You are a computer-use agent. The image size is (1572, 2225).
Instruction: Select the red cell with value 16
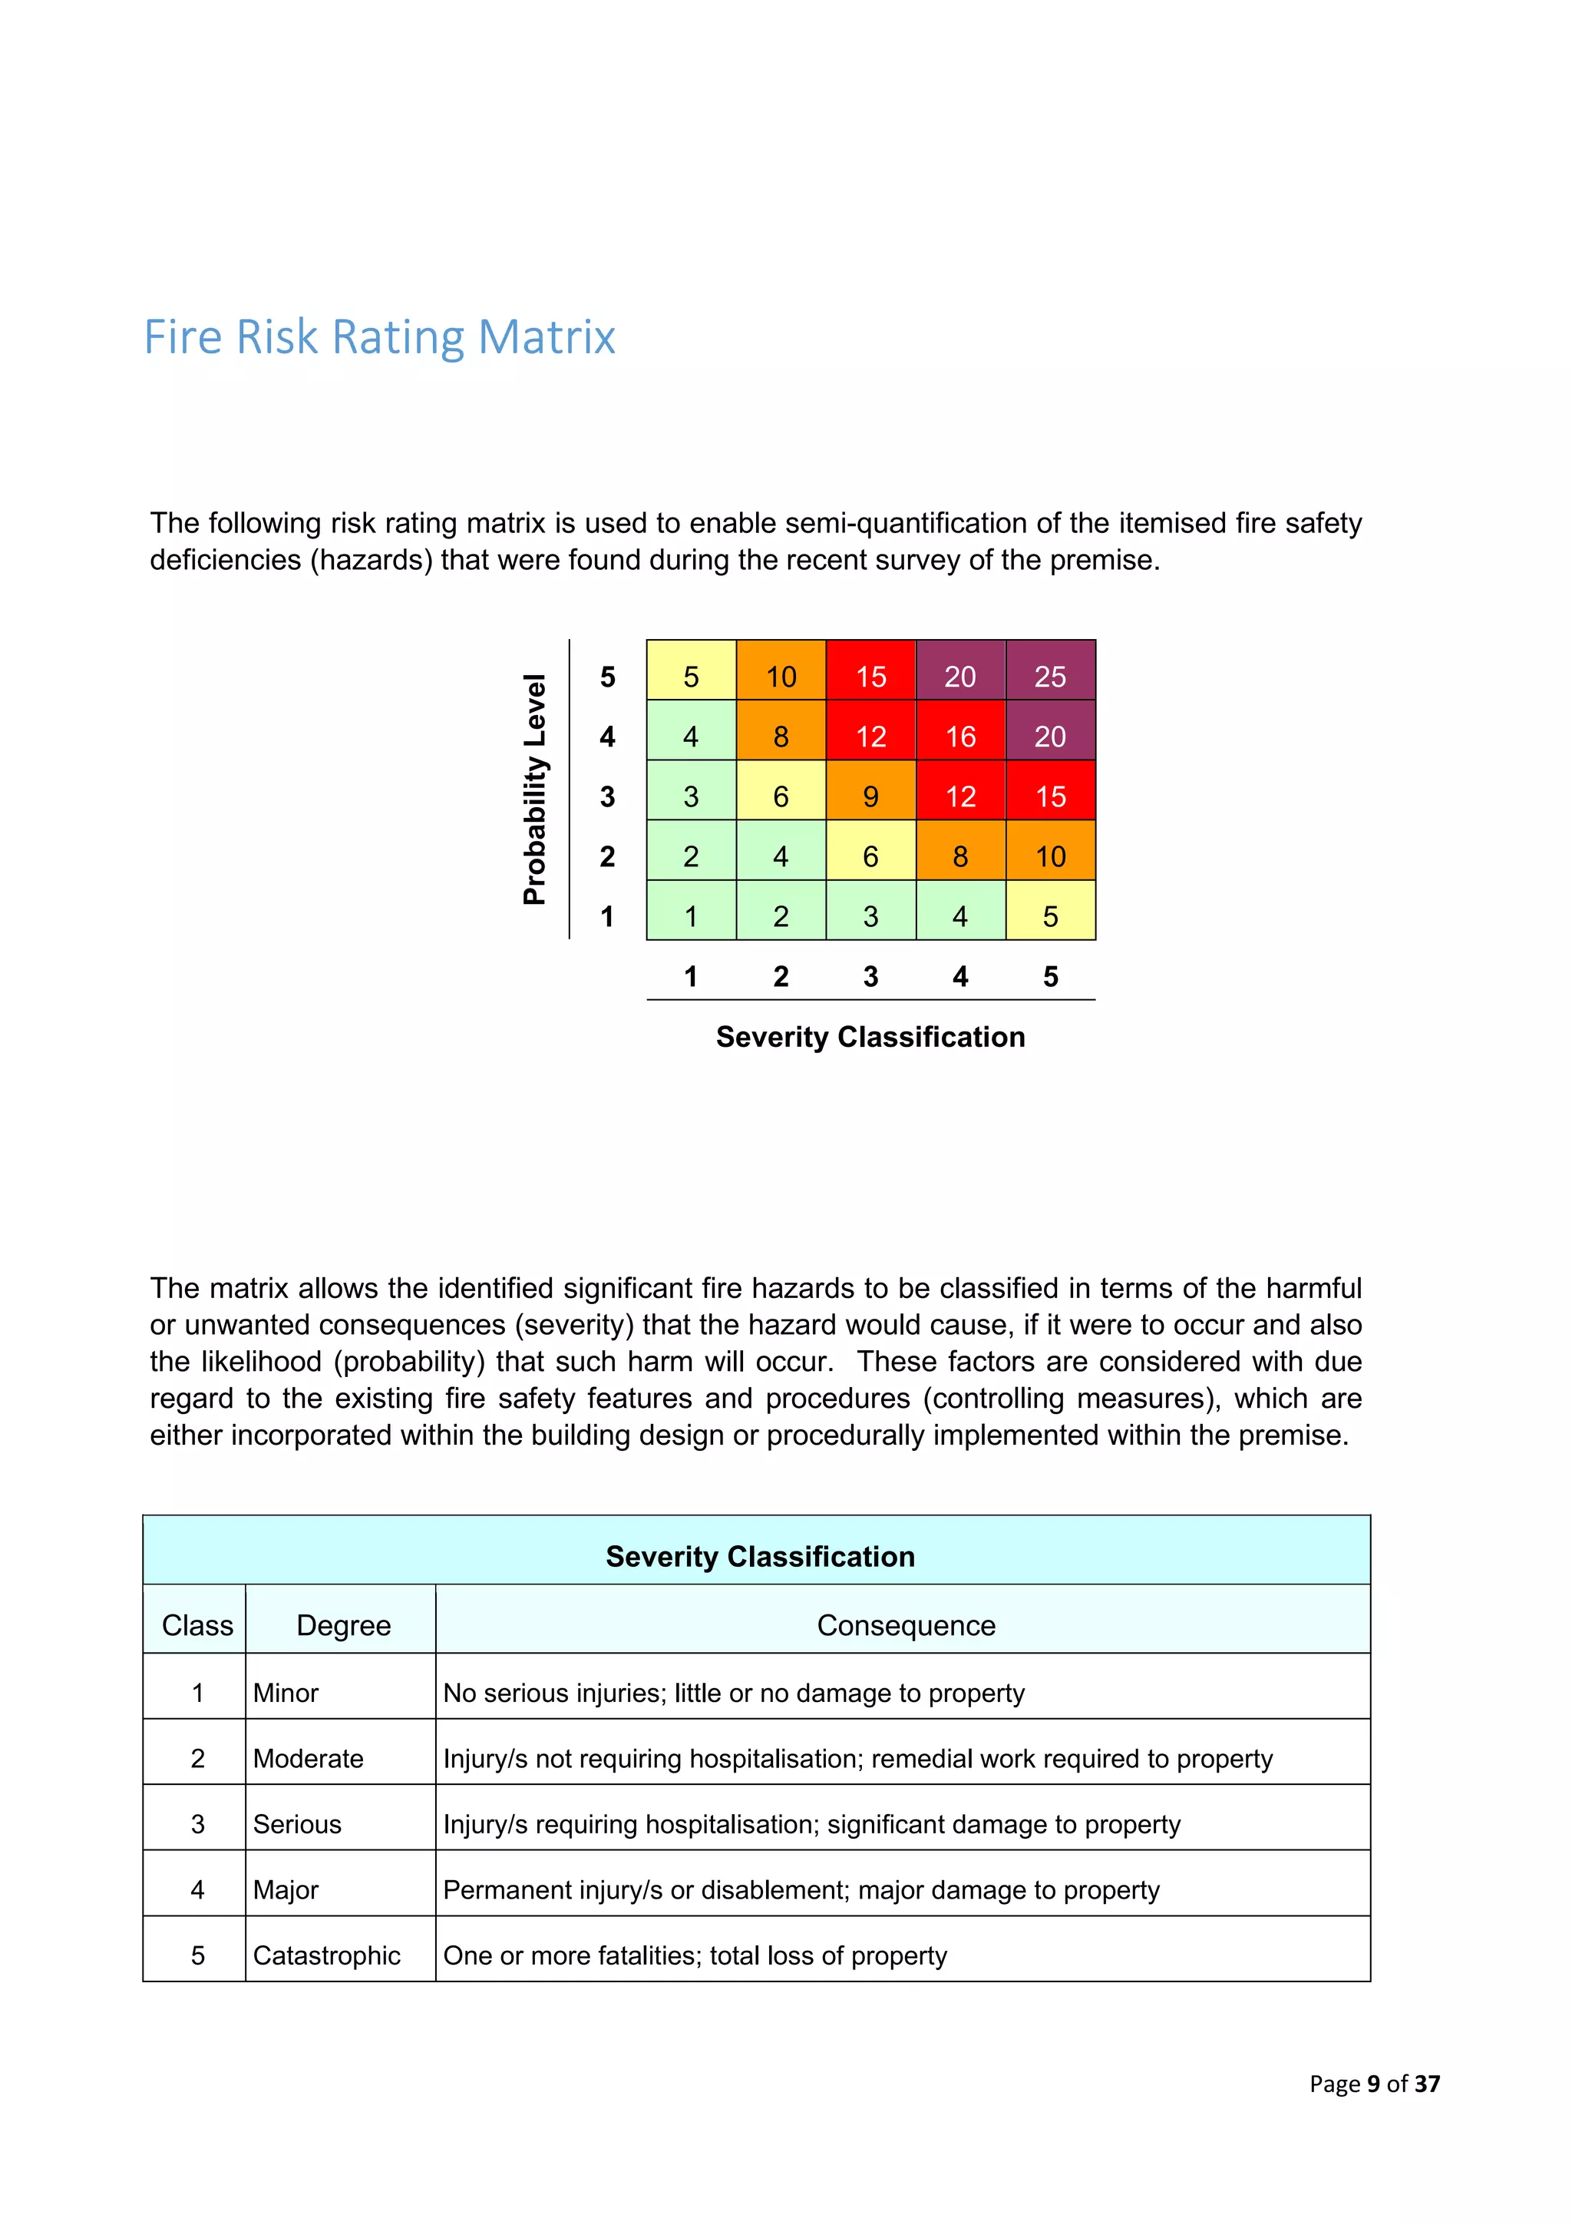click(x=960, y=736)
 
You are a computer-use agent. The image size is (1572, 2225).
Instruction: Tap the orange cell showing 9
click(x=870, y=796)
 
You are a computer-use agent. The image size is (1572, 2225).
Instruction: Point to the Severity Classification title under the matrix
click(x=870, y=1036)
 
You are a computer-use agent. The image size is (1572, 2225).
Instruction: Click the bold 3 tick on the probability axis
click(x=607, y=796)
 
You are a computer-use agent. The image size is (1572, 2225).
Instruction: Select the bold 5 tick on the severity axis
click(x=1050, y=976)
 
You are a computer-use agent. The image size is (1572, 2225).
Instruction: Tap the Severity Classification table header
click(x=759, y=1555)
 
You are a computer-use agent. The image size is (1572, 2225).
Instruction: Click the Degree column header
click(x=343, y=1624)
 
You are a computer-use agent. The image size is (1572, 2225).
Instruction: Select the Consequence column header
click(x=906, y=1624)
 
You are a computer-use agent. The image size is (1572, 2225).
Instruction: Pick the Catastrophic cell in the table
click(x=326, y=1955)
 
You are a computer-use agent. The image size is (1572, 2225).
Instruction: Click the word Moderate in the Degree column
click(x=308, y=1758)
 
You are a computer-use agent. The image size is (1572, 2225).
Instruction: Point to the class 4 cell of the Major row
click(x=197, y=1889)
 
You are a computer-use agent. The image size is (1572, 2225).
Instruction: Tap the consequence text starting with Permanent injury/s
click(x=800, y=1889)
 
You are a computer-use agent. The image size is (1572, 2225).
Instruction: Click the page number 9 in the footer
click(x=1372, y=2084)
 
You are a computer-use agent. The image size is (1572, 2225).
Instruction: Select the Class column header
click(x=196, y=1624)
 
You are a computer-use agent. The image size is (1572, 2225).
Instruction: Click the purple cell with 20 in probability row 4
click(x=1050, y=736)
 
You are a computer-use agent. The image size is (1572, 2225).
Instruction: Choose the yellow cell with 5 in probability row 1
click(x=1050, y=915)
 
